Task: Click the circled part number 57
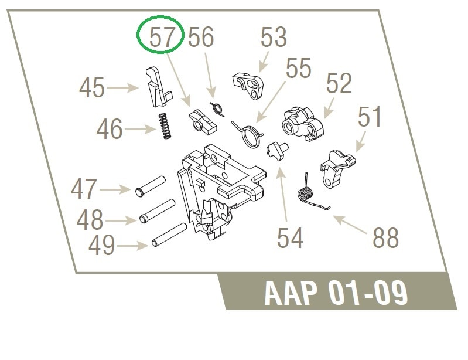click(x=162, y=37)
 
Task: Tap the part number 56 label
click(x=201, y=37)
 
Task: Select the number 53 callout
click(x=274, y=37)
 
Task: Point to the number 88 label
click(x=385, y=237)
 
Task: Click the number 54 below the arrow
click(x=290, y=238)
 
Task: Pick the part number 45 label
click(x=91, y=87)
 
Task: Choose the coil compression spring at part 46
click(x=165, y=126)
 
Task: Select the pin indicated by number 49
click(x=169, y=235)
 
